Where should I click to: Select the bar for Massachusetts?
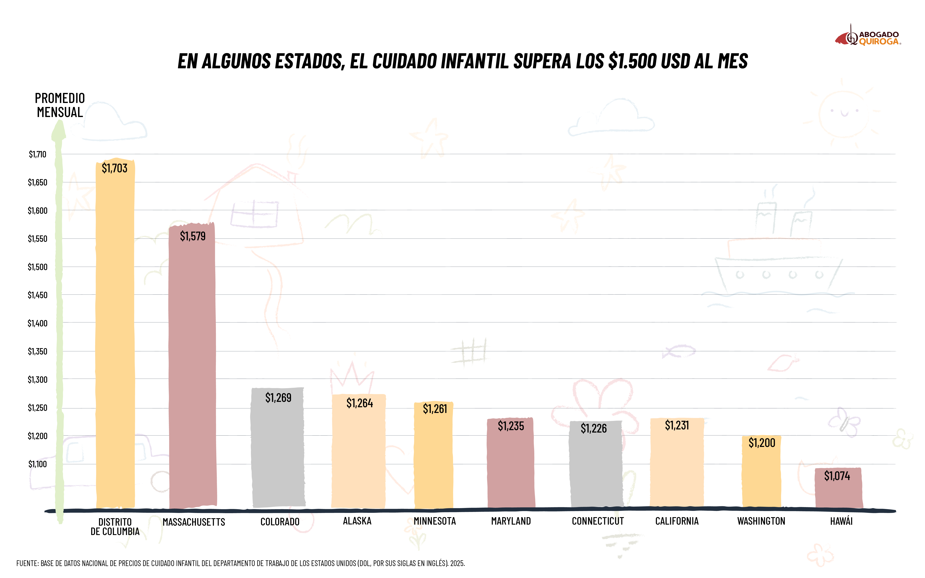pyautogui.click(x=192, y=367)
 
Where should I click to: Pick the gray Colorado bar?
pyautogui.click(x=278, y=451)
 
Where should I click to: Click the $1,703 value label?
pyautogui.click(x=114, y=168)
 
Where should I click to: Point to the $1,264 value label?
pyautogui.click(x=359, y=403)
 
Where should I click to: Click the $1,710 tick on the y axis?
pyautogui.click(x=37, y=154)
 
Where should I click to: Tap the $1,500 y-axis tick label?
pyautogui.click(x=37, y=267)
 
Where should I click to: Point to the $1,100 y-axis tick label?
pyautogui.click(x=37, y=464)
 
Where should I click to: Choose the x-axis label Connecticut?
pyautogui.click(x=598, y=521)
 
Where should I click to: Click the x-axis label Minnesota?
pyautogui.click(x=435, y=521)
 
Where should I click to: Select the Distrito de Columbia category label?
pyautogui.click(x=115, y=526)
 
